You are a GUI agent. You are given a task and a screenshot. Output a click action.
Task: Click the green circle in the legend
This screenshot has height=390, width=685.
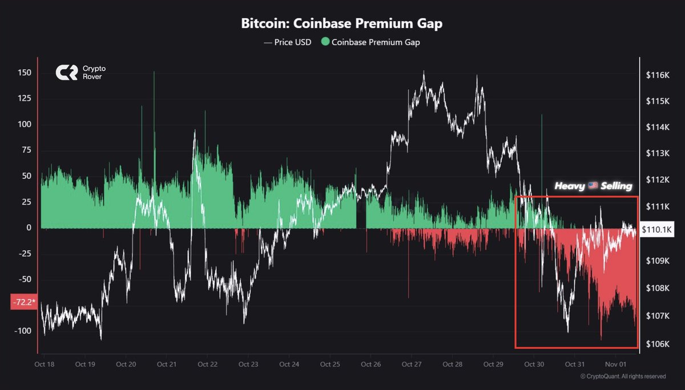pyautogui.click(x=325, y=42)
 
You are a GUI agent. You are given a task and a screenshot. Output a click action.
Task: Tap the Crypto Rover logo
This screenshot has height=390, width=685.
pyautogui.click(x=66, y=73)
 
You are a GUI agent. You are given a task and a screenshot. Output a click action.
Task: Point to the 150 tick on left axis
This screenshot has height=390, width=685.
pyautogui.click(x=24, y=73)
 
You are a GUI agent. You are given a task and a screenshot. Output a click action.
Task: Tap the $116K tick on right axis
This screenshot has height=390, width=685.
pyautogui.click(x=658, y=75)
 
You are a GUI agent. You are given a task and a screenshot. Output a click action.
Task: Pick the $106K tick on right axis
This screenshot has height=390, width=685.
pyautogui.click(x=658, y=344)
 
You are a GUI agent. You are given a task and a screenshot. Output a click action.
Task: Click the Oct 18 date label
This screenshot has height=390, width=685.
pyautogui.click(x=43, y=364)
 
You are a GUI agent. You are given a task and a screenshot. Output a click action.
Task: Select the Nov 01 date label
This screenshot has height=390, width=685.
pyautogui.click(x=615, y=364)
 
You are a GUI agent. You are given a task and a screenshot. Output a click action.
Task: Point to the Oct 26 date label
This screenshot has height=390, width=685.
pyautogui.click(x=370, y=364)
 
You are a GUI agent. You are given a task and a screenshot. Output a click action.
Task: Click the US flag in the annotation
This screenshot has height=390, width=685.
pyautogui.click(x=592, y=186)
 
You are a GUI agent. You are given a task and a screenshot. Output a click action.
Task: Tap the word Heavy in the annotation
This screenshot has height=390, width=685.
pyautogui.click(x=569, y=186)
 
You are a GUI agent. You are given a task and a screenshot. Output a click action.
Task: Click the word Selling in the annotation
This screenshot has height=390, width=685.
pyautogui.click(x=616, y=186)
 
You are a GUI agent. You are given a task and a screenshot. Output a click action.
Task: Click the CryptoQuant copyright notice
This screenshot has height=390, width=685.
pyautogui.click(x=623, y=376)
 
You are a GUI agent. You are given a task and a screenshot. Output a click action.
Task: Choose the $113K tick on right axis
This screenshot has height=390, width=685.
pyautogui.click(x=658, y=153)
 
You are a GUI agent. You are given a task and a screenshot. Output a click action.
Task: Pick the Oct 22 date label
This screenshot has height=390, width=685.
pyautogui.click(x=207, y=364)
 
